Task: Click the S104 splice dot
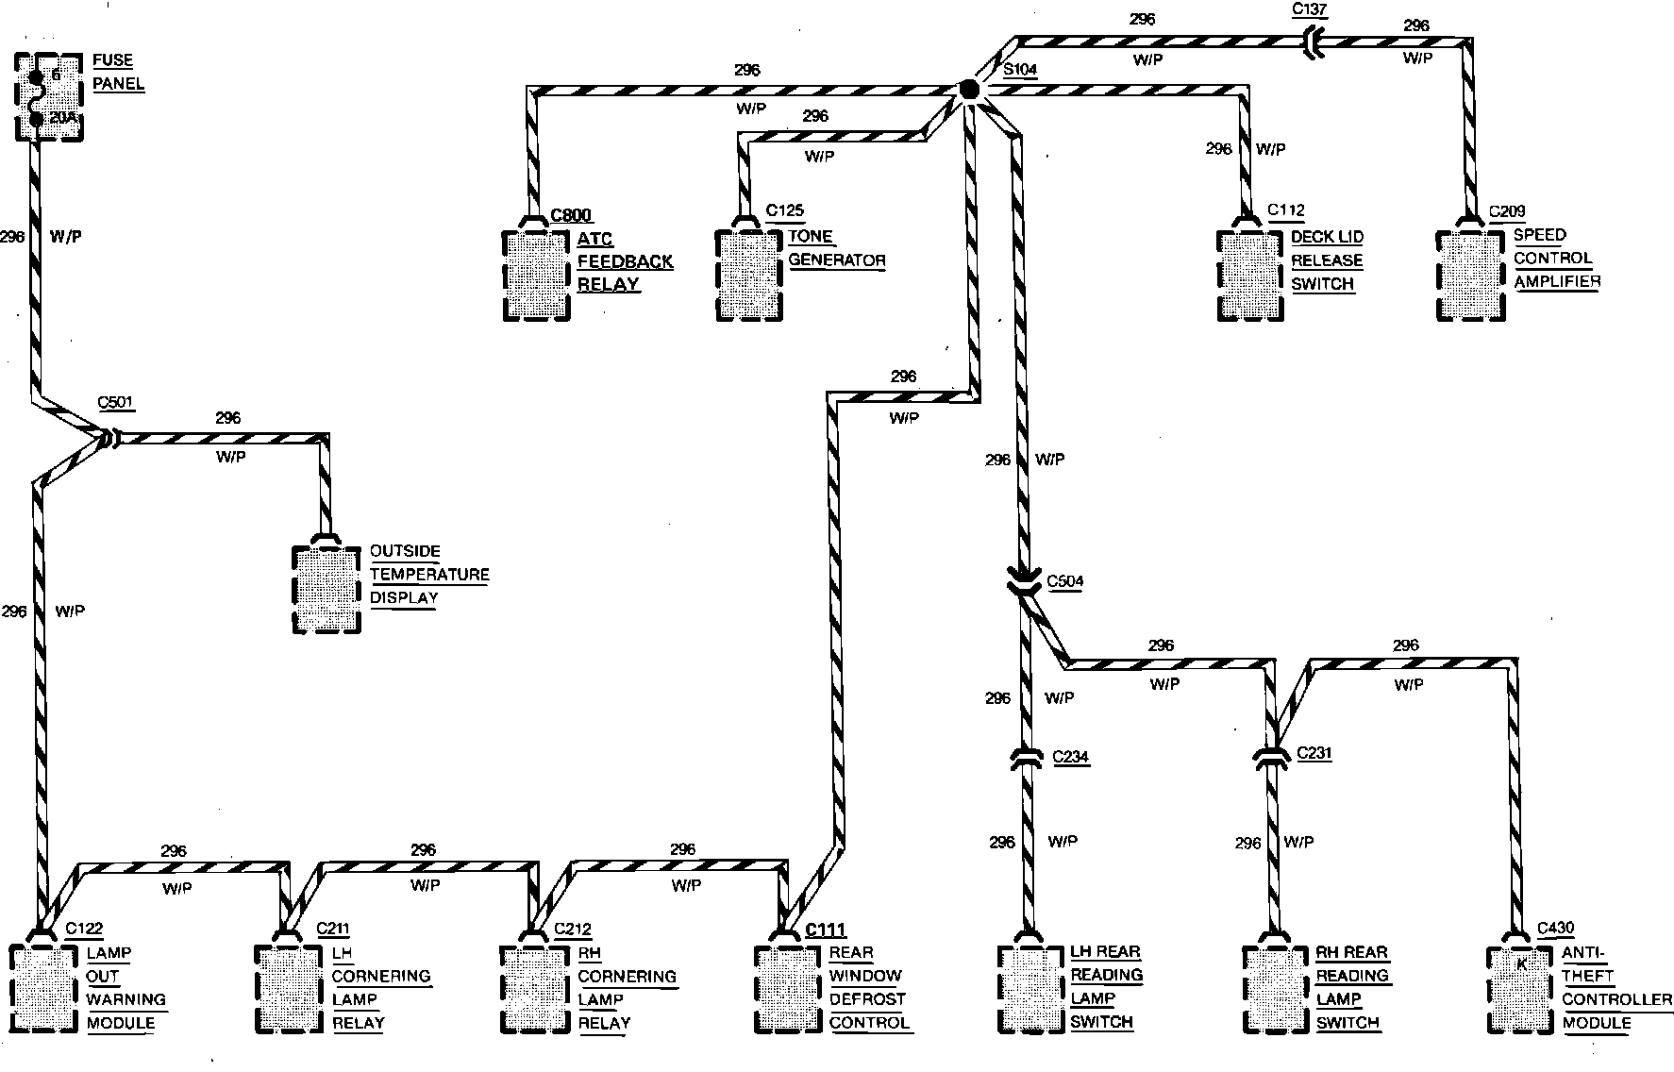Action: [x=969, y=90]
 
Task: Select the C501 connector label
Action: [x=116, y=403]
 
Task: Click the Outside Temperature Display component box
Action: [x=326, y=589]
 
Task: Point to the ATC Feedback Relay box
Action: [x=537, y=275]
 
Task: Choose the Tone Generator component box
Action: [x=750, y=275]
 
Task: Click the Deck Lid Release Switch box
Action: [x=1250, y=275]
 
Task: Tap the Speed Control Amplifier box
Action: [x=1469, y=275]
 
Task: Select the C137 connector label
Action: [x=1309, y=10]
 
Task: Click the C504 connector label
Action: [x=1065, y=581]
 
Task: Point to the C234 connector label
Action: [x=1070, y=757]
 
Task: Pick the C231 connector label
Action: [x=1315, y=753]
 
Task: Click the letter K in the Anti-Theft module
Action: [x=1520, y=964]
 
